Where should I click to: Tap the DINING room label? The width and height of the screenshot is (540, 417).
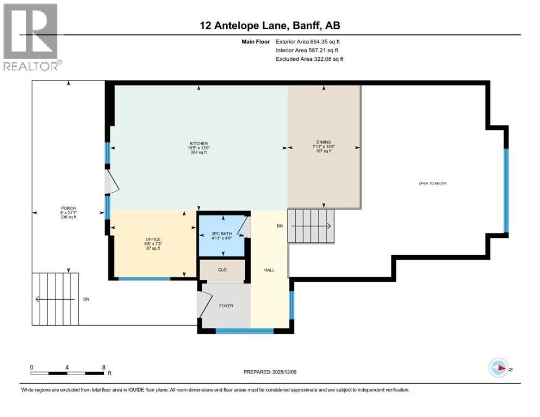(324, 142)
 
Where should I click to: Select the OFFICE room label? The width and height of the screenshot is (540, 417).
(153, 239)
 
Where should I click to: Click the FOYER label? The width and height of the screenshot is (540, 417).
(226, 306)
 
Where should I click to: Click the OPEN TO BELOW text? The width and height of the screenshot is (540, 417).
(432, 184)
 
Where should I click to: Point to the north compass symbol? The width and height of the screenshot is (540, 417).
(498, 368)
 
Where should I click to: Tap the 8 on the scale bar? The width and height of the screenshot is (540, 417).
(103, 367)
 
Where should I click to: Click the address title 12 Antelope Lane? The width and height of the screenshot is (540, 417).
(270, 25)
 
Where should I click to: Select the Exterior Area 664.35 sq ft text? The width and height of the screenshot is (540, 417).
(309, 41)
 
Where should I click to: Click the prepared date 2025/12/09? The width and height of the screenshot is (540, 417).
(270, 372)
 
